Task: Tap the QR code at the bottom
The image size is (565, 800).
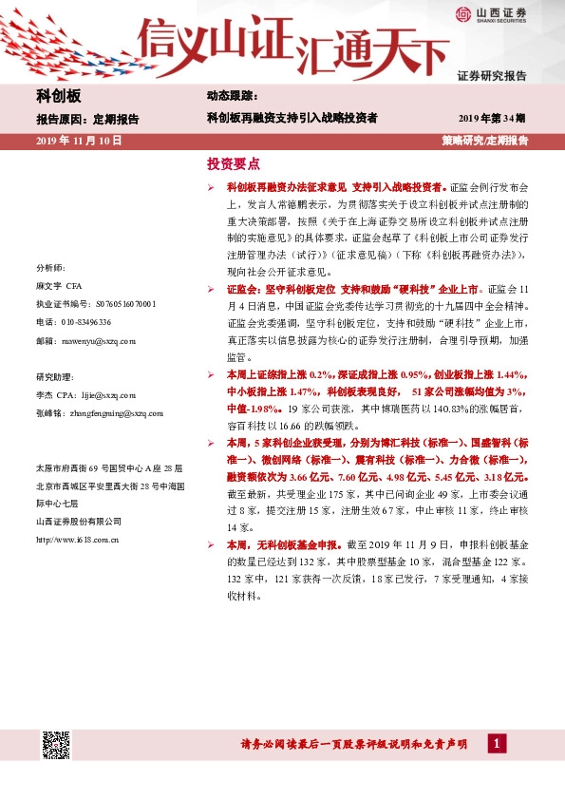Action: pyautogui.click(x=54, y=745)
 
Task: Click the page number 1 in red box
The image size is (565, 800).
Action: pyautogui.click(x=495, y=744)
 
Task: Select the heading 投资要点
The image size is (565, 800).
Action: pyautogui.click(x=233, y=163)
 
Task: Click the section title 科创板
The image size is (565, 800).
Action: pyautogui.click(x=59, y=97)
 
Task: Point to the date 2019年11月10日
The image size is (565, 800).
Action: pyautogui.click(x=80, y=140)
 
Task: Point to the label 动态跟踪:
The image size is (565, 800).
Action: pyautogui.click(x=232, y=97)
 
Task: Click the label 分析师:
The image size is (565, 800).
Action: pyautogui.click(x=49, y=269)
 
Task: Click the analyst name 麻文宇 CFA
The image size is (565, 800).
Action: pyautogui.click(x=60, y=286)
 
